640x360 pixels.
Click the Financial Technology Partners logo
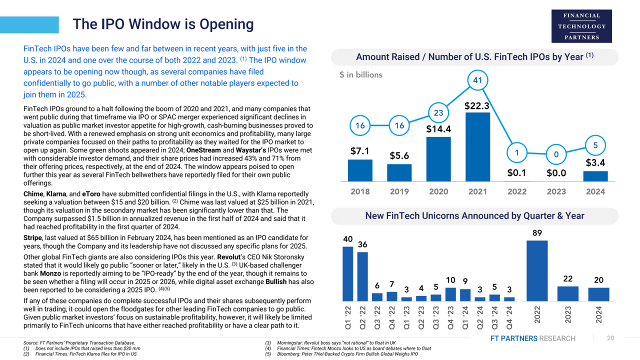pyautogui.click(x=581, y=26)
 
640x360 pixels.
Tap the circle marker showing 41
pyautogui.click(x=477, y=80)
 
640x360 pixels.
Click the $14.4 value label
pyautogui.click(x=438, y=129)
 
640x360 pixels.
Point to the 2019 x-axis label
pyautogui.click(x=399, y=191)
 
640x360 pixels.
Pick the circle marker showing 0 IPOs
pyautogui.click(x=556, y=155)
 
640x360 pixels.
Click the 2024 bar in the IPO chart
pyautogui.click(x=595, y=176)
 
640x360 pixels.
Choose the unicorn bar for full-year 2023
pyautogui.click(x=567, y=293)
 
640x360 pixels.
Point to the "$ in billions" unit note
pyautogui.click(x=360, y=75)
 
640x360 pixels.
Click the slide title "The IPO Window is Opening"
pyautogui.click(x=163, y=24)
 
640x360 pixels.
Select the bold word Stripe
pyautogui.click(x=32, y=237)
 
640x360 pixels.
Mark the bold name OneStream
pyautogui.click(x=203, y=150)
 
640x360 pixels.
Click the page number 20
pyautogui.click(x=610, y=338)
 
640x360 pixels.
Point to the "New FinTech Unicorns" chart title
pyautogui.click(x=474, y=216)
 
